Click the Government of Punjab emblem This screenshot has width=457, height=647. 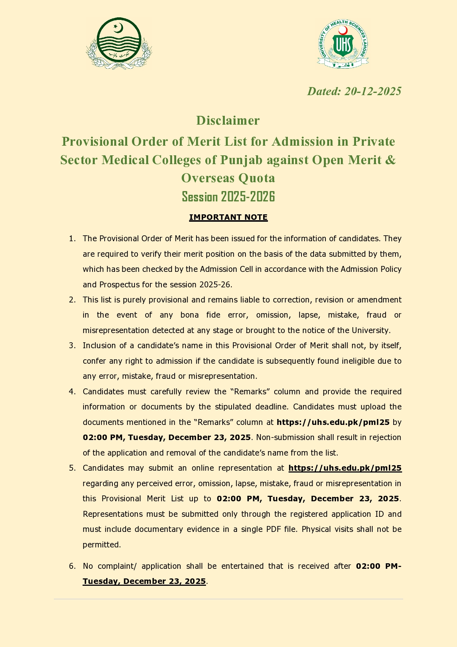[119, 43]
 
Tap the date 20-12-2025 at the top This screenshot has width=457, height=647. [373, 91]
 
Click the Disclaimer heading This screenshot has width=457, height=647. [228, 120]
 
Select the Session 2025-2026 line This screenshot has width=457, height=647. [228, 197]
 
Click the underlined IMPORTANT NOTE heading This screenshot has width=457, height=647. [228, 217]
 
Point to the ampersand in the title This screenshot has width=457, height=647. [391, 160]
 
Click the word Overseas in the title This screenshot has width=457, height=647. [207, 178]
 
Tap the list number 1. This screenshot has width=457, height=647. [72, 239]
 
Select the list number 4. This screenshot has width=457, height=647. [72, 391]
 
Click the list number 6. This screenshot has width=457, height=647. [72, 566]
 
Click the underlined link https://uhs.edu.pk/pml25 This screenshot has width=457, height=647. [345, 468]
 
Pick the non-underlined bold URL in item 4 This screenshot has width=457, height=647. [333, 422]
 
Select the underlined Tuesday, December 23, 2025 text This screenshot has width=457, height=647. [144, 581]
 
